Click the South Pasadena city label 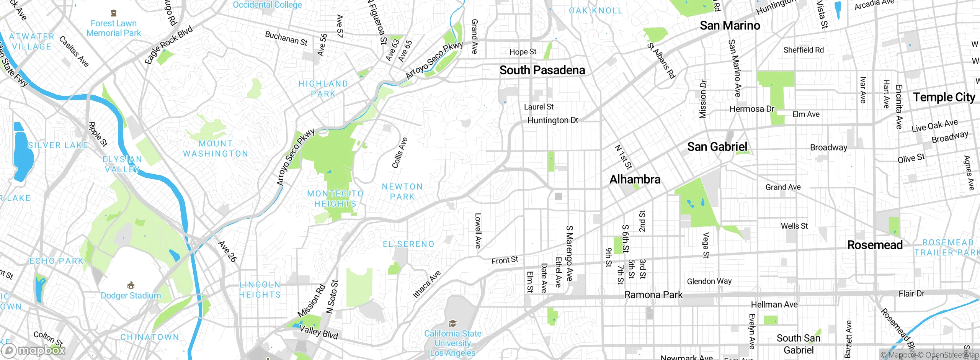[542, 70]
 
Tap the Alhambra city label [635, 179]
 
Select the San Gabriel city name [717, 147]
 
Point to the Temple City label [944, 97]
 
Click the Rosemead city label [875, 245]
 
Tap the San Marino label [730, 26]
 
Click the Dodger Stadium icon [131, 285]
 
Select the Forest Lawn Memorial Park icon [113, 13]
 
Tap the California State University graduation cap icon [452, 324]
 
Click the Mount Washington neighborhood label [216, 149]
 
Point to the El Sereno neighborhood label [408, 244]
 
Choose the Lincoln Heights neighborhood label [260, 290]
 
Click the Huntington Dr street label [552, 120]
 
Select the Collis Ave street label [400, 153]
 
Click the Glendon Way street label [709, 281]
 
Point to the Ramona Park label [653, 295]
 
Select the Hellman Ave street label [774, 304]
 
